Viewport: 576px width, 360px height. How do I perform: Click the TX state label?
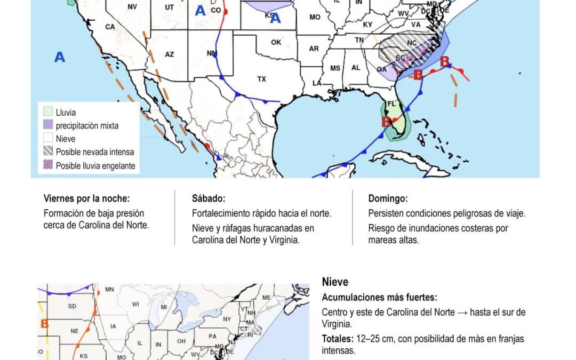(261, 79)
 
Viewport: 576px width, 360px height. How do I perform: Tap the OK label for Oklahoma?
(276, 42)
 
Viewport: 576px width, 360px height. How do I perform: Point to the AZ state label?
(169, 54)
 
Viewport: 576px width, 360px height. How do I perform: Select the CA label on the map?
(110, 27)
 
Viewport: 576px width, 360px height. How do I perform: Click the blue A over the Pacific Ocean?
(60, 57)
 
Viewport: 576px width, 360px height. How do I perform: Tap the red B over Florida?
(386, 122)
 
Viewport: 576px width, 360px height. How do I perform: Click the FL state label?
(391, 103)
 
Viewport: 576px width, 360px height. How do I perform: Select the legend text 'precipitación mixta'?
(87, 126)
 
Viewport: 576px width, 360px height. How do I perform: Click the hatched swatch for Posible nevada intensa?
(48, 152)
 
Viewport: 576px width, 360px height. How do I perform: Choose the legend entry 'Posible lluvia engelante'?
(95, 166)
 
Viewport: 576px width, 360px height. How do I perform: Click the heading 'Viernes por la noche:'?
(86, 198)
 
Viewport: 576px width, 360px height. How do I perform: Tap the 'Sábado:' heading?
(209, 198)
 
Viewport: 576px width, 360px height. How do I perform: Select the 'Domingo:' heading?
(388, 198)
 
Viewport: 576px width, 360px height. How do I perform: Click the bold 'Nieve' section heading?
(335, 282)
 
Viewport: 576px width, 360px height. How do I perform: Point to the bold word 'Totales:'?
(337, 339)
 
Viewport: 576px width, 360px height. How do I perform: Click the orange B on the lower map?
(44, 324)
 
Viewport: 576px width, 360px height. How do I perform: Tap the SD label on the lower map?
(73, 306)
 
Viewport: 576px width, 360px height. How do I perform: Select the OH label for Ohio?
(181, 341)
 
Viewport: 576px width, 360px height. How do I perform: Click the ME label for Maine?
(266, 297)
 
